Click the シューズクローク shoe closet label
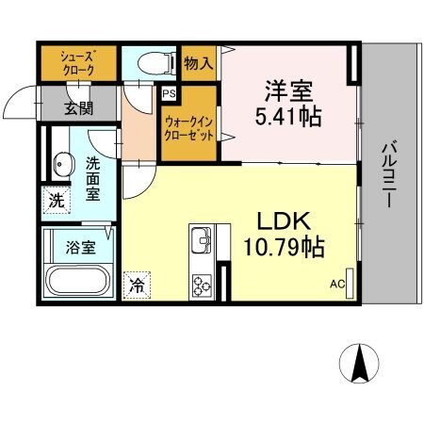pyautogui.click(x=78, y=62)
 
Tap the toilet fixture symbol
pyautogui.click(x=156, y=63)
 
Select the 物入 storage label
pyautogui.click(x=199, y=63)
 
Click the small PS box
pyautogui.click(x=170, y=94)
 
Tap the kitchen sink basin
pyautogui.click(x=202, y=242)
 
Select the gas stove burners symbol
pyautogui.click(x=203, y=282)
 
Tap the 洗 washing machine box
pyautogui.click(x=56, y=200)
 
